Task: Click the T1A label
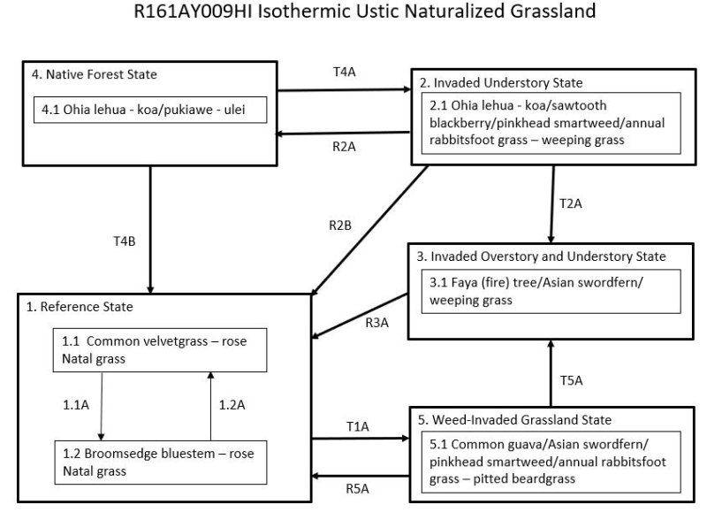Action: coord(357,427)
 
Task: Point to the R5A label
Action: coord(357,487)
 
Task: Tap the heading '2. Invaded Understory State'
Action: coord(501,83)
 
